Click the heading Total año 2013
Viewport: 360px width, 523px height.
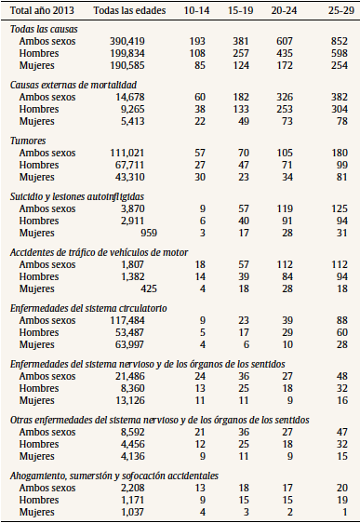41,12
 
